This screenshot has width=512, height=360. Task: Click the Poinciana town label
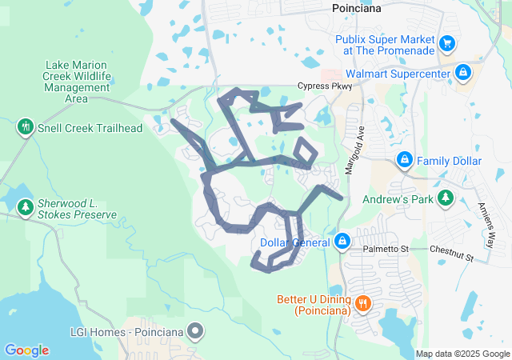click(356, 8)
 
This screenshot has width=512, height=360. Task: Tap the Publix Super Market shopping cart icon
click(447, 43)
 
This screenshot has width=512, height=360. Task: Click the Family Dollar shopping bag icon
click(405, 161)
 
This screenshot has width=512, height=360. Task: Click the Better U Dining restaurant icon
click(362, 302)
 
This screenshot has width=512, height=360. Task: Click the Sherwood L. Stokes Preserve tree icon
click(25, 208)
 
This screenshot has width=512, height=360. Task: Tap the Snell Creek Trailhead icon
click(25, 127)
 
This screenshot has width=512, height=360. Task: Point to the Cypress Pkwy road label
click(324, 86)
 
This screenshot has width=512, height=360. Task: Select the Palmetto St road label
click(382, 250)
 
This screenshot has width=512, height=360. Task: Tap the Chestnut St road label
click(452, 254)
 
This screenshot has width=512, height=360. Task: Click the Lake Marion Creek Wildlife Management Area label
click(77, 82)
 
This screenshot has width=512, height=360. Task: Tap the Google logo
click(27, 350)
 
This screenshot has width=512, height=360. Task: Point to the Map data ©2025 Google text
click(462, 354)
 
